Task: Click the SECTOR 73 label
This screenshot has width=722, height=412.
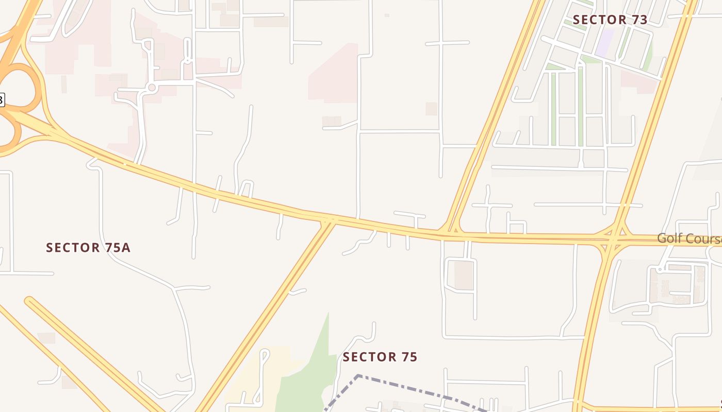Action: pos(610,20)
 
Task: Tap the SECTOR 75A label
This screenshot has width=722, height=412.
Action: pos(88,248)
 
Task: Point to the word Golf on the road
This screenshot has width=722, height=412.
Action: pos(669,238)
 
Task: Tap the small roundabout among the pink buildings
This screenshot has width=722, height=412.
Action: pos(152,88)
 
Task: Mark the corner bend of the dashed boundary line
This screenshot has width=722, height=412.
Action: pos(358,376)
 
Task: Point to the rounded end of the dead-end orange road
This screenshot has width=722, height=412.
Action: pos(29,301)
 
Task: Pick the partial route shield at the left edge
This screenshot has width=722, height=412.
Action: pos(2,99)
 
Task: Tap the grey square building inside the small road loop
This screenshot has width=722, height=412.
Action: pos(464,274)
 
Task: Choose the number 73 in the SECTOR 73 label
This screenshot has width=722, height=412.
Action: pos(638,20)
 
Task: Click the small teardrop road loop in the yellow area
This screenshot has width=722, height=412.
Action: pos(265,355)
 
